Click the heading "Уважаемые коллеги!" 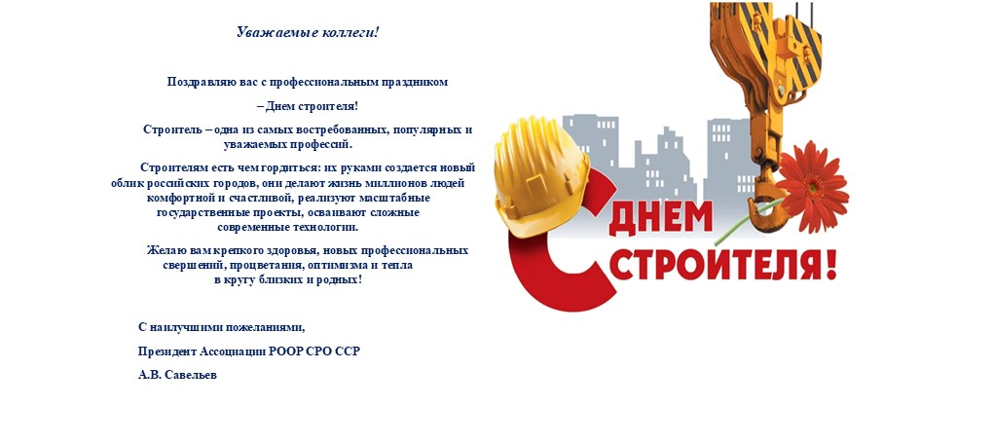pyautogui.click(x=308, y=32)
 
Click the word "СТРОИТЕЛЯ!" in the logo pyautogui.click(x=721, y=265)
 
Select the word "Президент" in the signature pyautogui.click(x=167, y=351)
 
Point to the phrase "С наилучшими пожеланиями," pyautogui.click(x=228, y=326)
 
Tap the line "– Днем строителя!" pyautogui.click(x=308, y=106)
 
